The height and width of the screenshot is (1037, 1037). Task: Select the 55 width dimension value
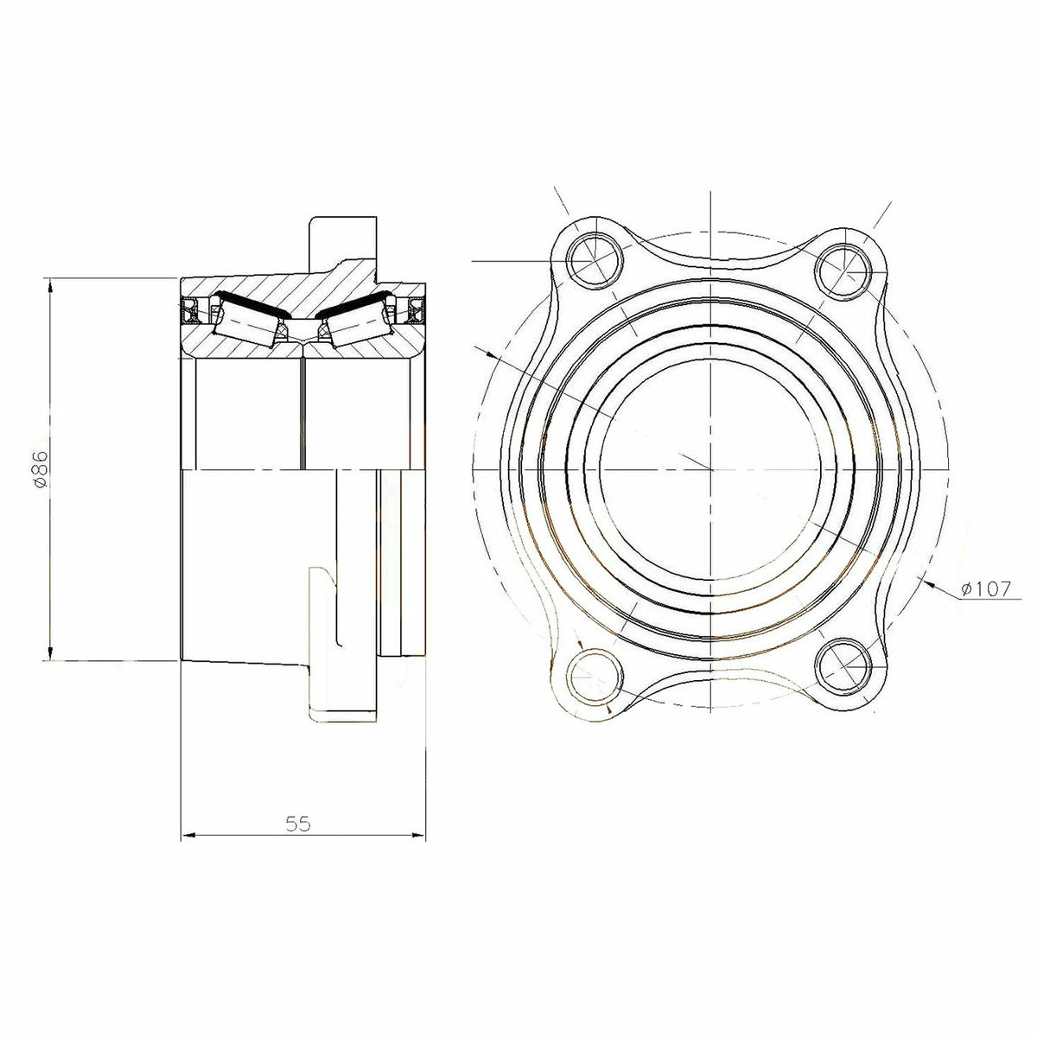point(298,824)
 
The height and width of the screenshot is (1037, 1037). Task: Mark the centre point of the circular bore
point(710,469)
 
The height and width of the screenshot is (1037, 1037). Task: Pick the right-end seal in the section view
point(416,310)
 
